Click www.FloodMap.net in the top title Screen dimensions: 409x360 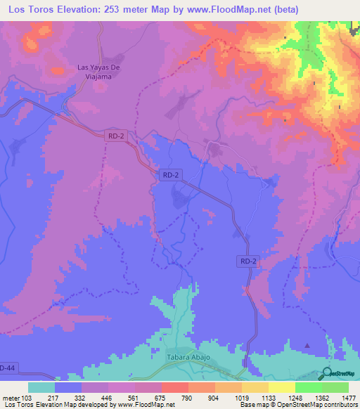pyautogui.click(x=217, y=10)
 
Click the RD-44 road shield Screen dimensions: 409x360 pyautogui.click(x=6, y=368)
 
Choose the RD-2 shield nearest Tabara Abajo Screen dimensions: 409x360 pyautogui.click(x=247, y=261)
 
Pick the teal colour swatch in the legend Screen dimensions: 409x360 pyautogui.click(x=41, y=387)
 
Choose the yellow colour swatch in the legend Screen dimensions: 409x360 pyautogui.click(x=282, y=387)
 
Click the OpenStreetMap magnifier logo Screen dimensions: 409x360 pyautogui.click(x=326, y=373)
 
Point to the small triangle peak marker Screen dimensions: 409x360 pyautogui.click(x=307, y=345)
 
